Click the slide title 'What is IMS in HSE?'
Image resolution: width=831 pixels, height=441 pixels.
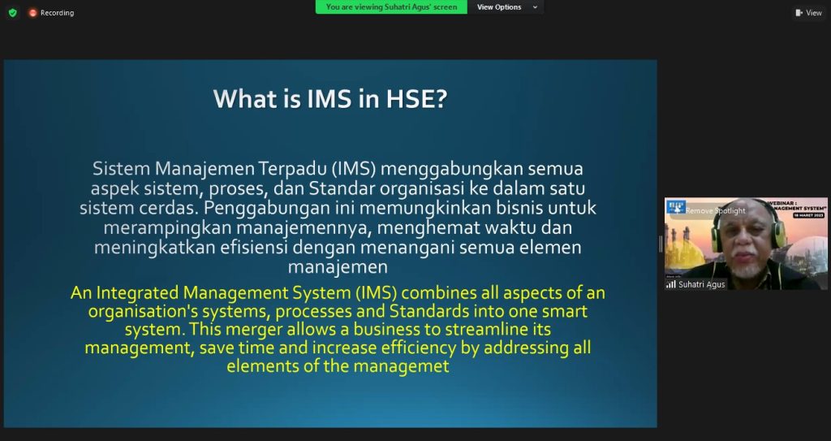(330, 99)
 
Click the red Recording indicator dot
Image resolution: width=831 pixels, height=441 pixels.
(33, 13)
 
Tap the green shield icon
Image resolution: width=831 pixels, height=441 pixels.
(12, 13)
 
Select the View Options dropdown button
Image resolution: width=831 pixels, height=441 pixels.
(507, 7)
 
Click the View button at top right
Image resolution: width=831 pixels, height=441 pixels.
(808, 13)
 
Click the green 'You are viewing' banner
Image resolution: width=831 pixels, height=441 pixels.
(391, 7)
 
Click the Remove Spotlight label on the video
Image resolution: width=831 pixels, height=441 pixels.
(715, 211)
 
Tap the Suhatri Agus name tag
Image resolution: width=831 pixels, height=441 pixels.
(701, 284)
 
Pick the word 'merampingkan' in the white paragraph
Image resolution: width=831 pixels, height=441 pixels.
(156, 227)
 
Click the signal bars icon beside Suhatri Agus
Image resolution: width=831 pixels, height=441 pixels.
(670, 284)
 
